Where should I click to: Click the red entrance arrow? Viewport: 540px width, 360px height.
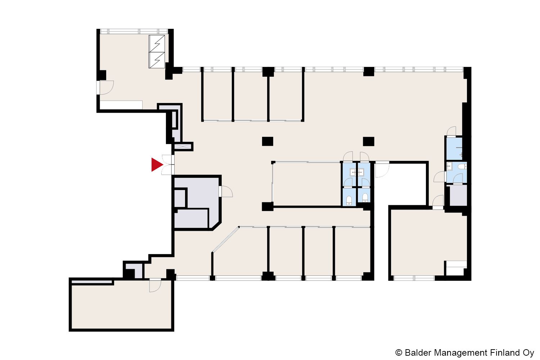157,165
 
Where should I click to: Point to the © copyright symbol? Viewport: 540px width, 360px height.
399,352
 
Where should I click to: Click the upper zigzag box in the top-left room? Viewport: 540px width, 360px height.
157,44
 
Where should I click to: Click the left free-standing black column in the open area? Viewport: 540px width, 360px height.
267,141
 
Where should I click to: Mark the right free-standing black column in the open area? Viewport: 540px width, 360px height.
369,141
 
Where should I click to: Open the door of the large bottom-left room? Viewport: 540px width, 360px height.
155,285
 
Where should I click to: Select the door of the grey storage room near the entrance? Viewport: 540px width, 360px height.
226,192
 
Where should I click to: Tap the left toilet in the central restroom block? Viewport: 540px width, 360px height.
349,201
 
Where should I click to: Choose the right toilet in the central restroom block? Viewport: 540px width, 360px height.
365,198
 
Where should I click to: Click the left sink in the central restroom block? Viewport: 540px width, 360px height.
353,172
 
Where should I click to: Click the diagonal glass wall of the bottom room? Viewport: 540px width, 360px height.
225,240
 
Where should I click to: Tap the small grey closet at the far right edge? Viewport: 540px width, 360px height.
458,195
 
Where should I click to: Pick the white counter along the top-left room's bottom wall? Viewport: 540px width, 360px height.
121,105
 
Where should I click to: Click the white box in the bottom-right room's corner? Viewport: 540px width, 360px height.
456,268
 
